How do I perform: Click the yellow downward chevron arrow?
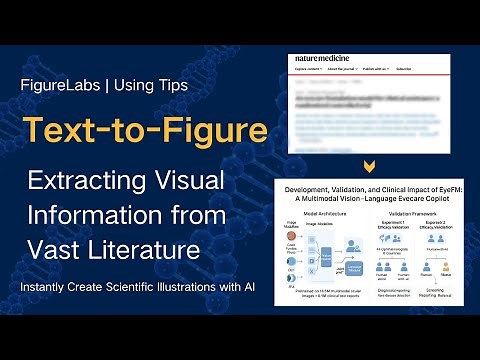[371, 166]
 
